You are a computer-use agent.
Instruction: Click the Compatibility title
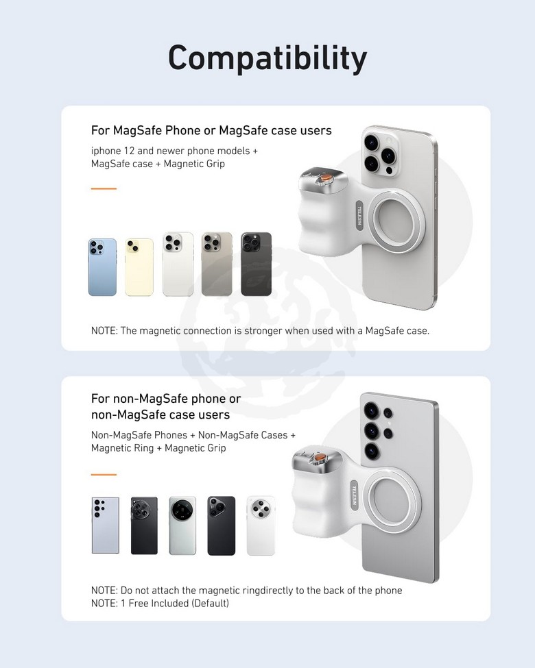point(267,58)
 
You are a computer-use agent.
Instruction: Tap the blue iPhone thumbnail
point(102,267)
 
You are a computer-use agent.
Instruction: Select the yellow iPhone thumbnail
point(139,267)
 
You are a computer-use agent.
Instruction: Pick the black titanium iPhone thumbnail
point(257,264)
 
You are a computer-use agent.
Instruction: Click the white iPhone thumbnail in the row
point(178,264)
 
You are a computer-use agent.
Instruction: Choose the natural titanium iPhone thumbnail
point(217,264)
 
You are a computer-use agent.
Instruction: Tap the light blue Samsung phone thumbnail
point(106,525)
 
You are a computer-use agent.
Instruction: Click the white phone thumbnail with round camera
point(261,525)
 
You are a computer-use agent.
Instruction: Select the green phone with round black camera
point(182,525)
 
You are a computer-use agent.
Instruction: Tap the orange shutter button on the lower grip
point(318,458)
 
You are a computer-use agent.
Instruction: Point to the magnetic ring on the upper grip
point(396,220)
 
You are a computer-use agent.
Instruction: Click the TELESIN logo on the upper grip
point(359,216)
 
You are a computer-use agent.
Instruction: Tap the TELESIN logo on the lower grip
point(354,494)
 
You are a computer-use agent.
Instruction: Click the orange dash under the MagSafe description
point(104,188)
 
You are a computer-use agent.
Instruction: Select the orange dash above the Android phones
point(104,474)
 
